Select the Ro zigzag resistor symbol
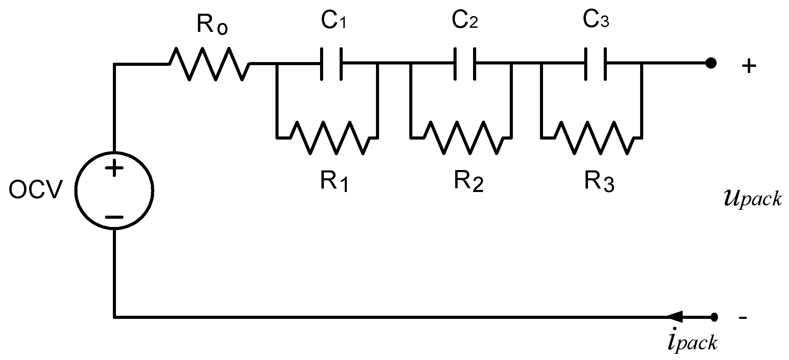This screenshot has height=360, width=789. click(x=209, y=64)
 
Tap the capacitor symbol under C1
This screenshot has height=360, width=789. click(x=331, y=64)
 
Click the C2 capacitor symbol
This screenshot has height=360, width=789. click(x=465, y=64)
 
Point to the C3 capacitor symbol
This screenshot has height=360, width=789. click(x=596, y=64)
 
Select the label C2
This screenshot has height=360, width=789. click(x=464, y=21)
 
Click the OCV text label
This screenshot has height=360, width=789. click(x=36, y=191)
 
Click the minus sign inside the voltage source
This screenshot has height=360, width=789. click(x=114, y=217)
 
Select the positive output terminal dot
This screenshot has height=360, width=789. click(x=711, y=64)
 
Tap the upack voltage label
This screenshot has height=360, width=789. click(x=753, y=199)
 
